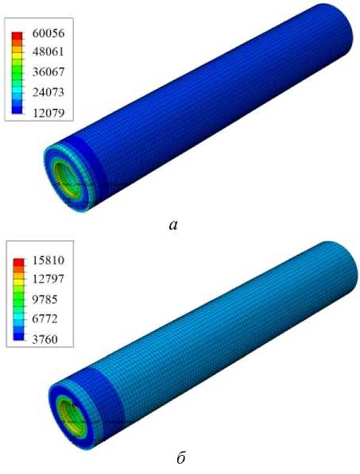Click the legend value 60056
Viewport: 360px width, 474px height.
tap(48, 33)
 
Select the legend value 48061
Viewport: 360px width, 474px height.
tap(48, 52)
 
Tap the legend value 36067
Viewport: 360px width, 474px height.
tap(48, 72)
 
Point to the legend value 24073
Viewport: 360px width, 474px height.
tap(48, 92)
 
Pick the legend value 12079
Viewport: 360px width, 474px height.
tap(48, 113)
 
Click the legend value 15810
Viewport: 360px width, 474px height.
tap(48, 260)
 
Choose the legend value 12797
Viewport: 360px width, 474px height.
tap(48, 279)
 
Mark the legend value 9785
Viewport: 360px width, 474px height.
tap(45, 299)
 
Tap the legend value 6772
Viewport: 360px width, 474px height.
tap(45, 318)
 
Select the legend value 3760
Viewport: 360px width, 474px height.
tap(45, 339)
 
